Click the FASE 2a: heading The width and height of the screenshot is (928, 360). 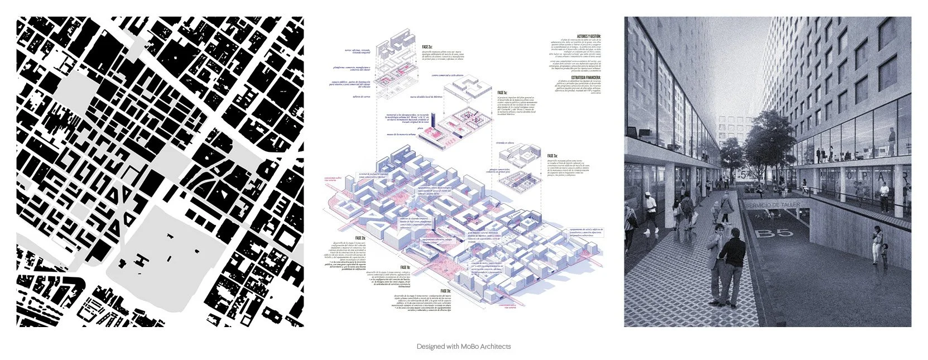(427, 47)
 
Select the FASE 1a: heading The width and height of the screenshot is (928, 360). (502, 93)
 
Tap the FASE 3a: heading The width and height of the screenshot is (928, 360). (552, 156)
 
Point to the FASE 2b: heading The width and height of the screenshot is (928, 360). (360, 238)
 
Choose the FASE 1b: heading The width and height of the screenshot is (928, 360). (405, 268)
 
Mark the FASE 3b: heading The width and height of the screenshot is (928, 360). (445, 291)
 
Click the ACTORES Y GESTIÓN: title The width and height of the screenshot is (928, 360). (589, 36)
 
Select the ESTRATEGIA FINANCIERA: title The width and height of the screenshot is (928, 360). (586, 78)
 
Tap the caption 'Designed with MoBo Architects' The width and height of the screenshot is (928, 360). (464, 347)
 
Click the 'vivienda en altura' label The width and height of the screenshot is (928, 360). (504, 142)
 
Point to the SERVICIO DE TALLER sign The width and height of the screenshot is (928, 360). (772, 205)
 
